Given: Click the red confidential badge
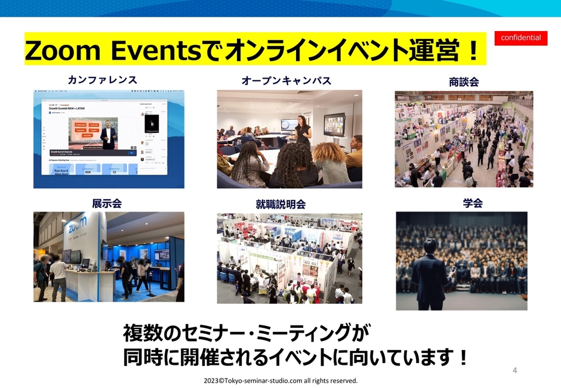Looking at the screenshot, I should point(520,38).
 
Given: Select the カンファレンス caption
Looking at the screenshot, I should point(103,79).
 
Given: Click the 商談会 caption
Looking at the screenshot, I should point(464,82).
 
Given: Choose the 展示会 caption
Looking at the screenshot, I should point(107,203).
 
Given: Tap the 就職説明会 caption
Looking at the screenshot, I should point(280,204).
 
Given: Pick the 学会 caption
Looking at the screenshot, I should point(472,203).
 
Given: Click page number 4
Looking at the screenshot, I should point(515,370).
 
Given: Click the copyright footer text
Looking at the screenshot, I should point(280,380).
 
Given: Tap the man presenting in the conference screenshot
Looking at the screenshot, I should point(108,134).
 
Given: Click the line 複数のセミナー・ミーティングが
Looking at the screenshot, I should point(247,332).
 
